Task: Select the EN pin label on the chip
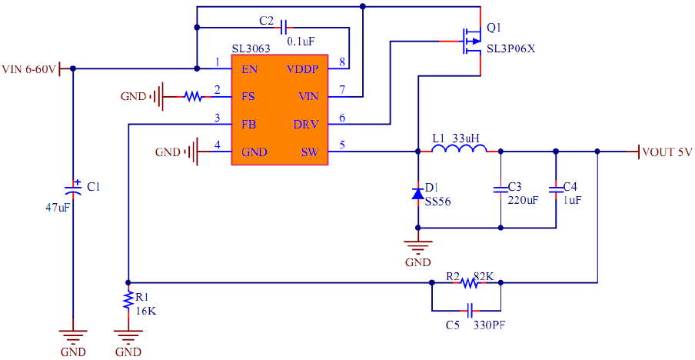tap(249, 69)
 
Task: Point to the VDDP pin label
tap(301, 69)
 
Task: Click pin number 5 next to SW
tap(342, 144)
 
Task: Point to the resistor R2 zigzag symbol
tap(469, 283)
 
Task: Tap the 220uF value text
tap(523, 199)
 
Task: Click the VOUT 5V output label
tap(667, 152)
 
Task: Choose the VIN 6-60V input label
tap(29, 69)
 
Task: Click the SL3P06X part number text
tap(510, 49)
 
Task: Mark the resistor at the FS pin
tap(192, 97)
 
